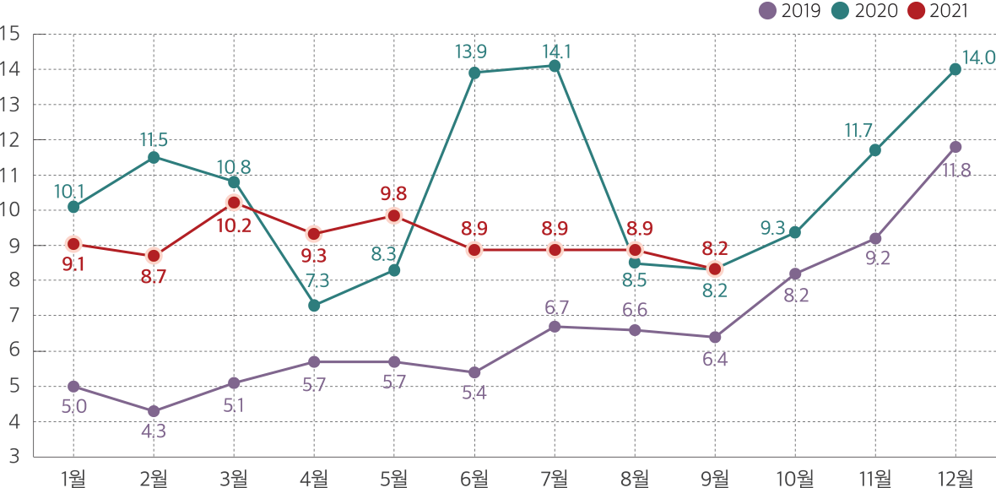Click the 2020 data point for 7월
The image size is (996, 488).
coord(555,66)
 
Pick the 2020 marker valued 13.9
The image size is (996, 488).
coord(474,73)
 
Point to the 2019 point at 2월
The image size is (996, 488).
coord(154,411)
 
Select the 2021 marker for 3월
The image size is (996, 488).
coord(234,203)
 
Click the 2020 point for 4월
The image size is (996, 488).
coord(314,306)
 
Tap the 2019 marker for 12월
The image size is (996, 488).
coord(955,147)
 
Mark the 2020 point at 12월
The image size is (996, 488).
coord(955,69)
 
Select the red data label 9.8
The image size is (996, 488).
coord(393,194)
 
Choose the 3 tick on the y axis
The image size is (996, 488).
coord(14,457)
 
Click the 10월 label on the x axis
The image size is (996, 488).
coord(795,476)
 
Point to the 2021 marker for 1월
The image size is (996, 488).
coord(73,244)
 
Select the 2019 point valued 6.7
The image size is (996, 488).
coord(555,327)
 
